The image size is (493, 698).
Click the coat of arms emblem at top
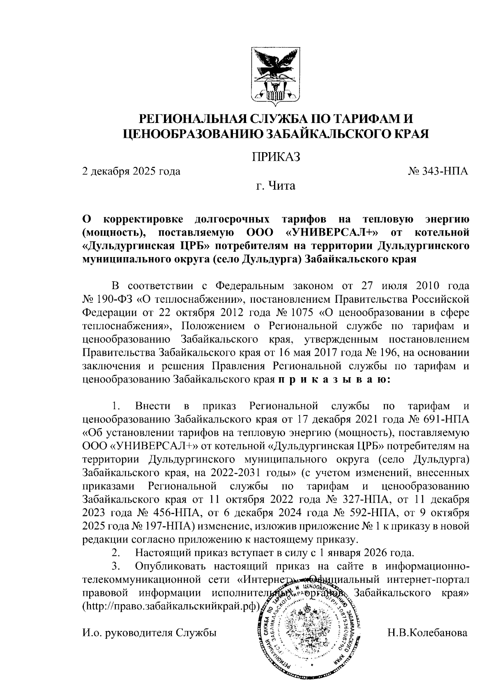[x=275, y=76]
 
